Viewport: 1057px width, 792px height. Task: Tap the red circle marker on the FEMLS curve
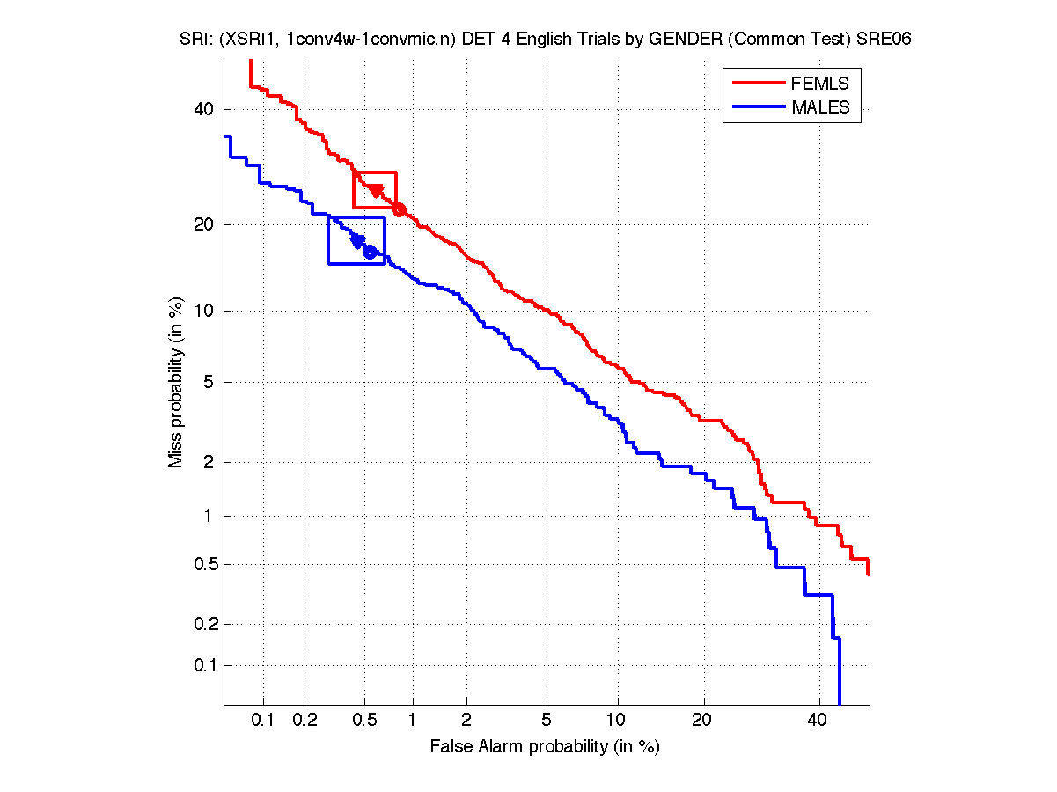point(399,209)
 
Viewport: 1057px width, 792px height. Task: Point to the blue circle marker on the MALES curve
point(370,252)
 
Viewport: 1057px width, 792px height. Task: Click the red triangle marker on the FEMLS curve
point(376,191)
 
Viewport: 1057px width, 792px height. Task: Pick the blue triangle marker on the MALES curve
point(357,240)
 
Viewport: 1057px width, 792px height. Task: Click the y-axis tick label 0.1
point(204,665)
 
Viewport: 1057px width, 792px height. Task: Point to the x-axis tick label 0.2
point(305,721)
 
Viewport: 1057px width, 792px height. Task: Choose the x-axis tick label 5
point(547,721)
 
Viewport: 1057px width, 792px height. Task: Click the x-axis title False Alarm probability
point(545,747)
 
